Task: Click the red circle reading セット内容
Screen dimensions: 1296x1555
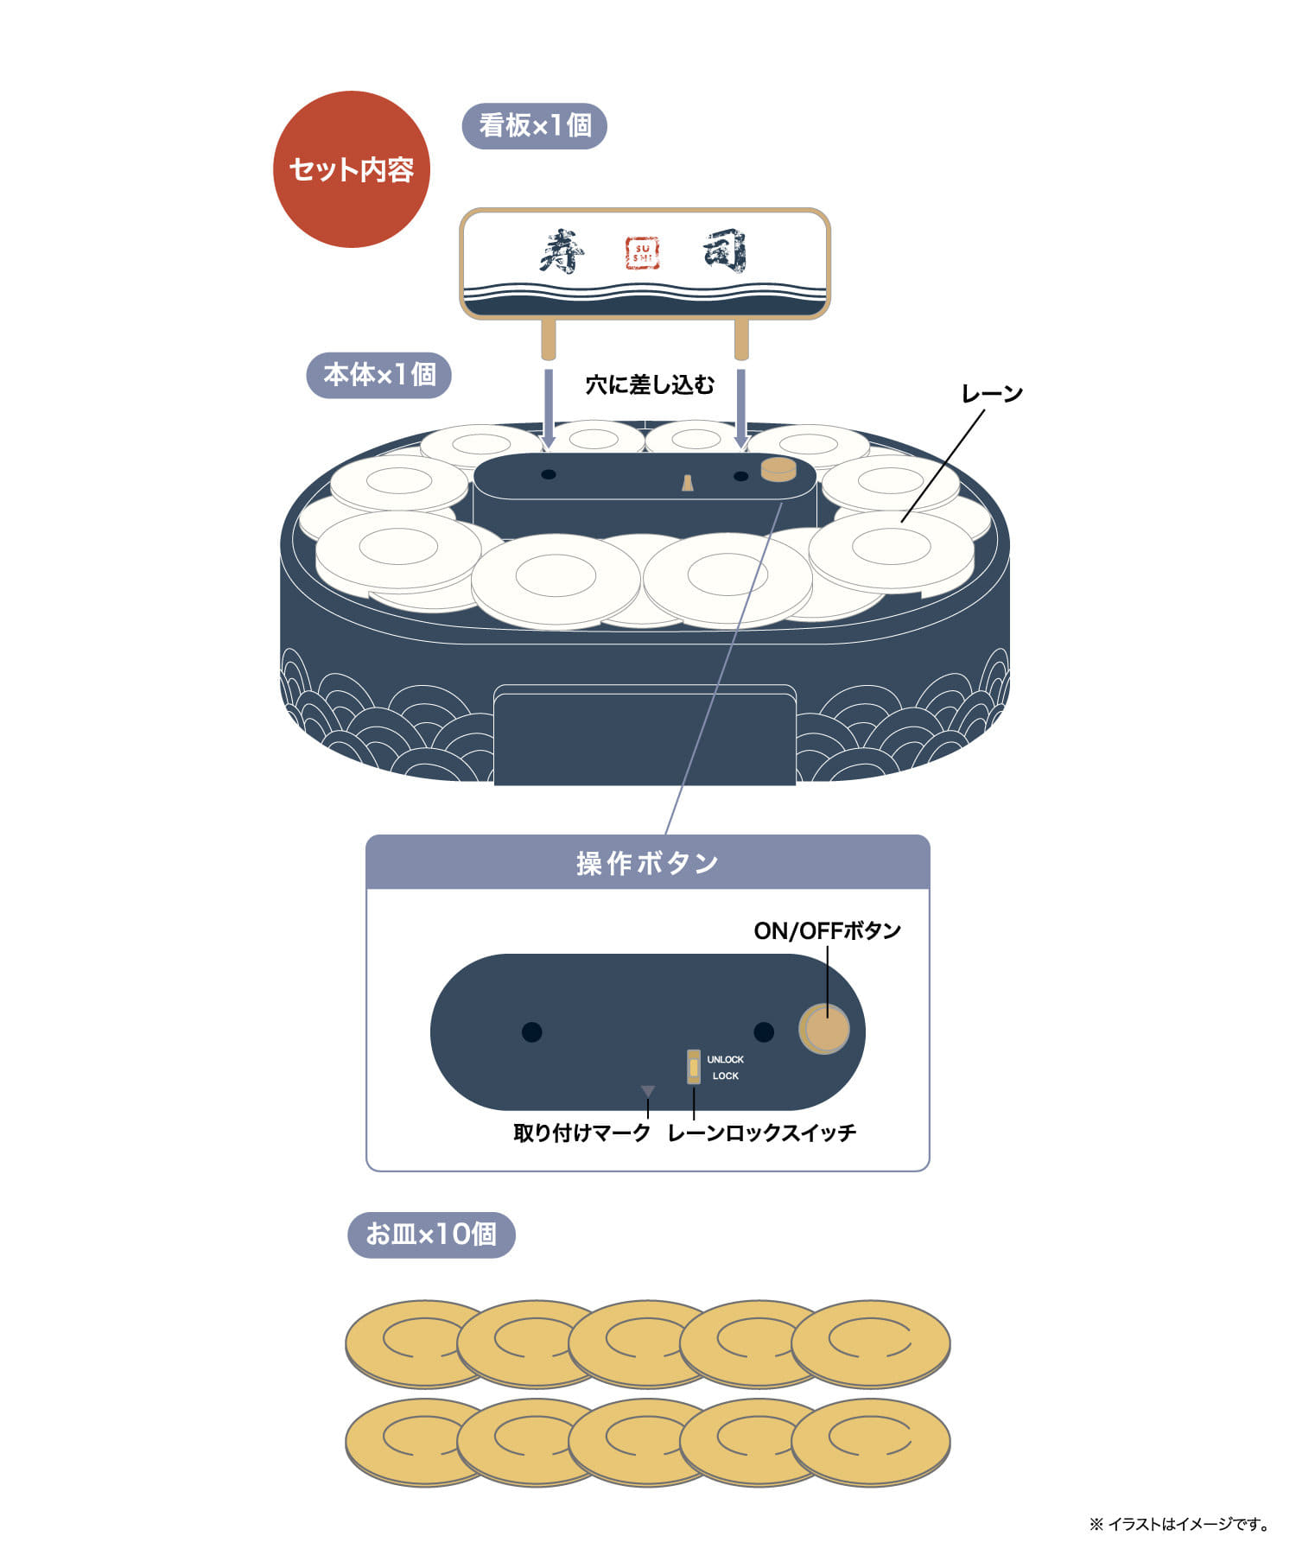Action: [x=352, y=169]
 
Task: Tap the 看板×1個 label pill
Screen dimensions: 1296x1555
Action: [x=535, y=126]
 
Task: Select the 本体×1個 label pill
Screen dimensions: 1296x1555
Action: [x=379, y=375]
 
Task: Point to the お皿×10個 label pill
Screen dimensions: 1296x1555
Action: [x=431, y=1234]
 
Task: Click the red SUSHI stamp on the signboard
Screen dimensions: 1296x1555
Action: [x=642, y=253]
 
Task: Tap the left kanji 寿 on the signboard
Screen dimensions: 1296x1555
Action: [x=562, y=251]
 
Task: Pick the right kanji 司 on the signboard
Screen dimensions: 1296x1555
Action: [x=724, y=251]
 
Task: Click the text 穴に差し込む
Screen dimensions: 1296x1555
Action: [x=650, y=385]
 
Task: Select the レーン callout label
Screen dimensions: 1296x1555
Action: [x=992, y=394]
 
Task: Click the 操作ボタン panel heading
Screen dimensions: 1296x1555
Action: [x=648, y=863]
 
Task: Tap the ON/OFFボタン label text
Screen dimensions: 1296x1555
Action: [x=827, y=930]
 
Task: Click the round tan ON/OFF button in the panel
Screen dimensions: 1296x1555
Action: [x=824, y=1029]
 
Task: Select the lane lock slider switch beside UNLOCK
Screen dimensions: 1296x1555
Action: [x=693, y=1067]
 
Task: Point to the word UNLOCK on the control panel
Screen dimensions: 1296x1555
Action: [x=725, y=1059]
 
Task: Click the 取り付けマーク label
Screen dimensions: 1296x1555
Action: [x=581, y=1133]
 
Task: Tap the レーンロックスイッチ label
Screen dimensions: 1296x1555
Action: [x=761, y=1133]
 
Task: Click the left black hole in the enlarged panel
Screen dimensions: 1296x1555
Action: [x=531, y=1031]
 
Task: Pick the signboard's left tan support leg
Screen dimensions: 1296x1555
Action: [x=548, y=340]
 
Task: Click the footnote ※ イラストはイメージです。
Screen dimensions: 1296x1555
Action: [x=1179, y=1524]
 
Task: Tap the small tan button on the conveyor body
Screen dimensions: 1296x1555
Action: [x=778, y=469]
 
